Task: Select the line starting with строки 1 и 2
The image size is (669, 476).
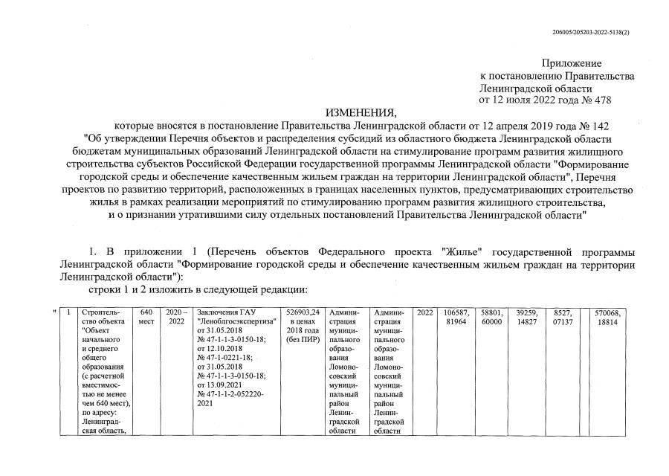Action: tap(198, 289)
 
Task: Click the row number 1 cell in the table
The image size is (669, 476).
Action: tap(68, 312)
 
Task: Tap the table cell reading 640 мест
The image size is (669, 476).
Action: tap(146, 317)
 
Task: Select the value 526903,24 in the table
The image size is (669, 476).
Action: tap(302, 312)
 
